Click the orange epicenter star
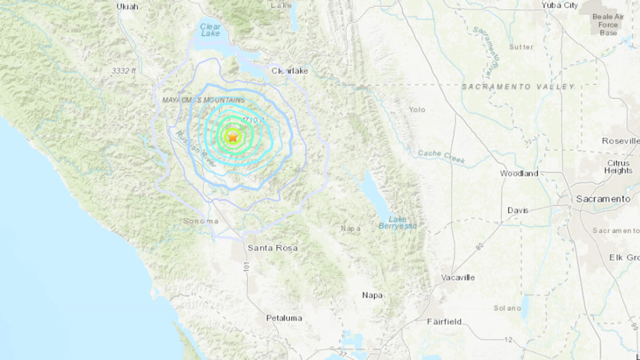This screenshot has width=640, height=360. [233, 137]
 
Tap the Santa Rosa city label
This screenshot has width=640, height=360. [272, 248]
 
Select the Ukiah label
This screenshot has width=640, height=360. [127, 6]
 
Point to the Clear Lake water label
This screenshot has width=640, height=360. [210, 30]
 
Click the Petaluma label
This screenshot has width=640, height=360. [284, 318]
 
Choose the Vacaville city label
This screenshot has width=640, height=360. [458, 277]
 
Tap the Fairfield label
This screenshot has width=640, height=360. [444, 322]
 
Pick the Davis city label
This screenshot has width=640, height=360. [518, 210]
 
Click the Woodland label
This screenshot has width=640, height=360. [519, 173]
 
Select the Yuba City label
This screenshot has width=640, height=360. [560, 5]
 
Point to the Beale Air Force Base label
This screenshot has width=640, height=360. [608, 25]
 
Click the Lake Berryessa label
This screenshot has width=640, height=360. [398, 222]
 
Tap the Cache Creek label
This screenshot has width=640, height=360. [441, 156]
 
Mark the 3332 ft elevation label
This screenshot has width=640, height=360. [124, 71]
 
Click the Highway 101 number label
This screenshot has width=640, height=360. [246, 266]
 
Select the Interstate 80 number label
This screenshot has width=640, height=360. [480, 246]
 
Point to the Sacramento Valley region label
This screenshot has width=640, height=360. [518, 87]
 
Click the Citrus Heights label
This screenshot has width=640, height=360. [618, 167]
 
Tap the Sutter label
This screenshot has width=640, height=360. [521, 47]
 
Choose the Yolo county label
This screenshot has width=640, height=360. [417, 110]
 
